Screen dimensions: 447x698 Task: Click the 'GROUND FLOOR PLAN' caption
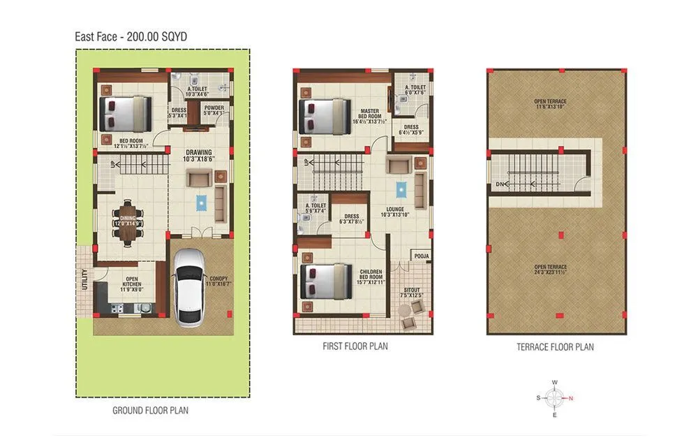pyautogui.click(x=150, y=411)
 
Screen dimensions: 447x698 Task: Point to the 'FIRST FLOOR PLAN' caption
pyautogui.click(x=355, y=346)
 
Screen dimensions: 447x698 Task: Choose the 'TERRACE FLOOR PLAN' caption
pyautogui.click(x=555, y=346)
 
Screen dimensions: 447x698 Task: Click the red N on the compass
pyautogui.click(x=572, y=399)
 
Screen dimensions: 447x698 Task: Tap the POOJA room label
pyautogui.click(x=422, y=256)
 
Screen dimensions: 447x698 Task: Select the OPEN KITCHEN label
pyautogui.click(x=132, y=281)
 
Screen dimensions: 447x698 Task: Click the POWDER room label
pyautogui.click(x=214, y=108)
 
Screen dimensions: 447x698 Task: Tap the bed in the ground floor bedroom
pyautogui.click(x=126, y=114)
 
